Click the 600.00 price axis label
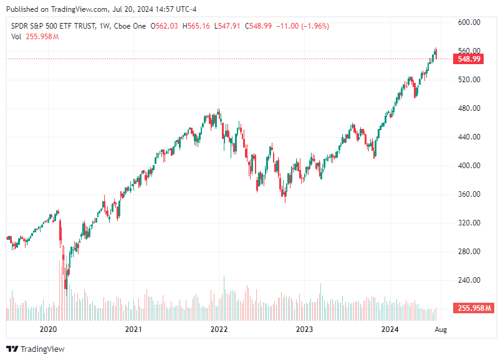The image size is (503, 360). pos(468,22)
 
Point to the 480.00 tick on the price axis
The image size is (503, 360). pos(468,108)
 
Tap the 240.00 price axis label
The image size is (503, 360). pos(468,280)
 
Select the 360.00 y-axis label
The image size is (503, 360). pos(468,194)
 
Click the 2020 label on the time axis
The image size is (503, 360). pos(48,328)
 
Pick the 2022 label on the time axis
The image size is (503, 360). pos(219,328)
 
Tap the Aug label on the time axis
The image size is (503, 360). pos(440,328)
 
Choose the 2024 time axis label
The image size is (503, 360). pos(390,328)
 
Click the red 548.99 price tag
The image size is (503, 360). pos(469,59)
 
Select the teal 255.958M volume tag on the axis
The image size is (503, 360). pos(474,308)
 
